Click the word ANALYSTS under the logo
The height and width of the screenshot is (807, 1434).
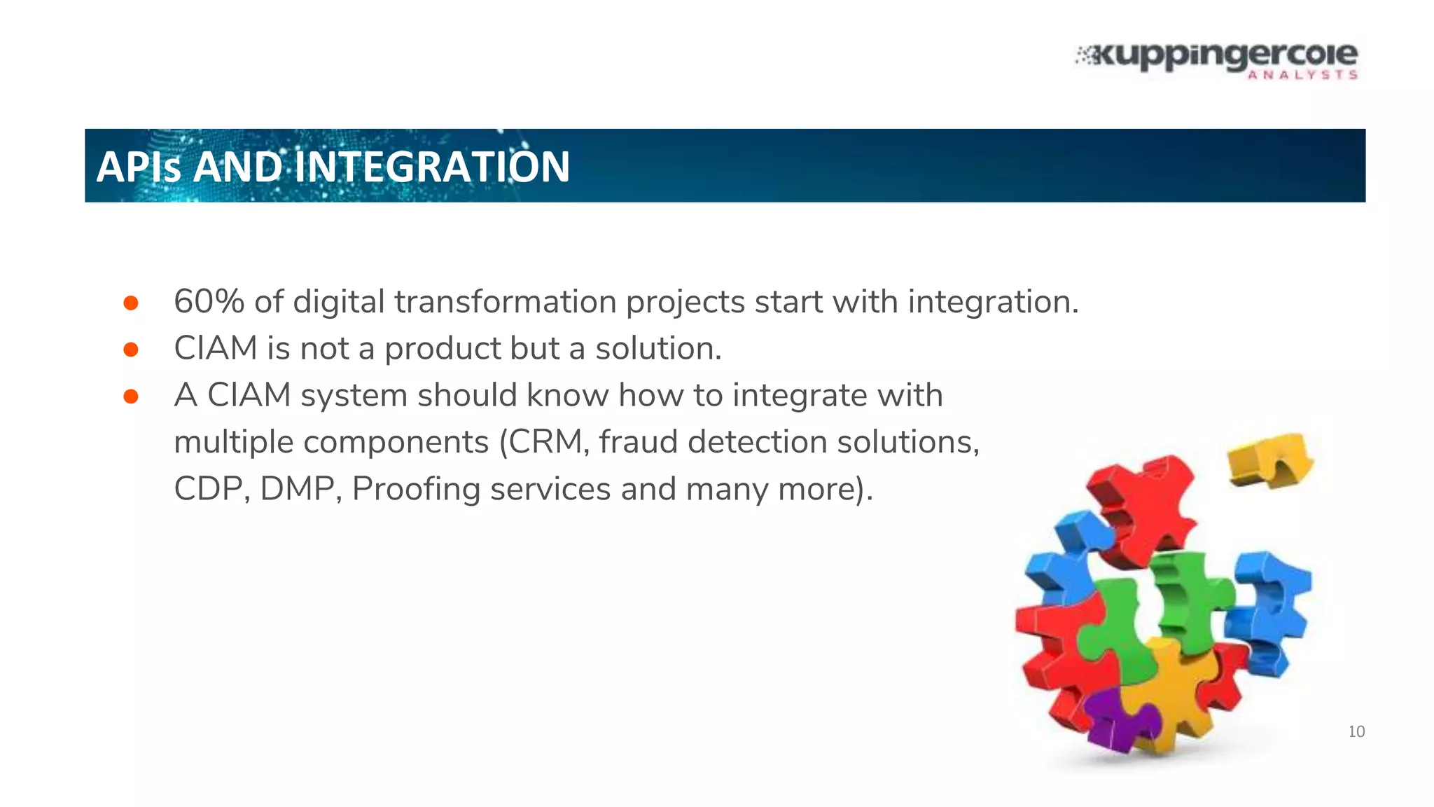1302,75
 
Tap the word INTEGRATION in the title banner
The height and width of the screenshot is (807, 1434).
432,167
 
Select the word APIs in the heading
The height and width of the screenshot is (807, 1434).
139,167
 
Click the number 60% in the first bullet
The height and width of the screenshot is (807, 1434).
209,302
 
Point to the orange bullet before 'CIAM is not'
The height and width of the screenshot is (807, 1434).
131,349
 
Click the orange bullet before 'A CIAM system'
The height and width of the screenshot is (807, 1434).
131,396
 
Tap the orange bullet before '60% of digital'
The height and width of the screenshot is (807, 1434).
131,303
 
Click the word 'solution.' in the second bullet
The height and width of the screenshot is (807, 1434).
658,349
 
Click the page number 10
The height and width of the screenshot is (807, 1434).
1356,732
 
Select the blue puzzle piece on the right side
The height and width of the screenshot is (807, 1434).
1269,609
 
